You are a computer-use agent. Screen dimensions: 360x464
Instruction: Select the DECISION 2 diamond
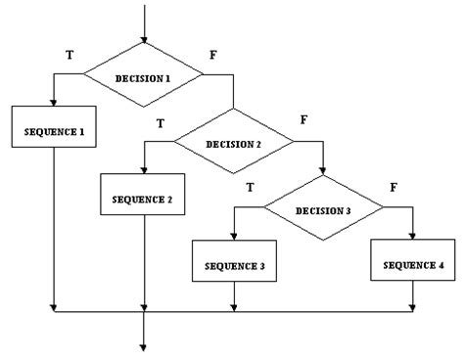click(x=234, y=144)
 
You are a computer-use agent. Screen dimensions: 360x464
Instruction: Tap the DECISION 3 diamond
click(x=323, y=209)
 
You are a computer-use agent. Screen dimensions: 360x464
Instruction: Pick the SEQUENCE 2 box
click(x=144, y=199)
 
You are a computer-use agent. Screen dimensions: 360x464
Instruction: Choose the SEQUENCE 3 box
click(x=233, y=265)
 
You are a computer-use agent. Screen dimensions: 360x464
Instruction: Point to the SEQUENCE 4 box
click(x=413, y=265)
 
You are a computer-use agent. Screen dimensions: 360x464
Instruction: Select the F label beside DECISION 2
click(x=303, y=122)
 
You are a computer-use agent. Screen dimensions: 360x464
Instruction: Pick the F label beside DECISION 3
click(x=393, y=186)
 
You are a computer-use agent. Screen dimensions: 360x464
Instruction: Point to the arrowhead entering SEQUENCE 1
click(x=54, y=104)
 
